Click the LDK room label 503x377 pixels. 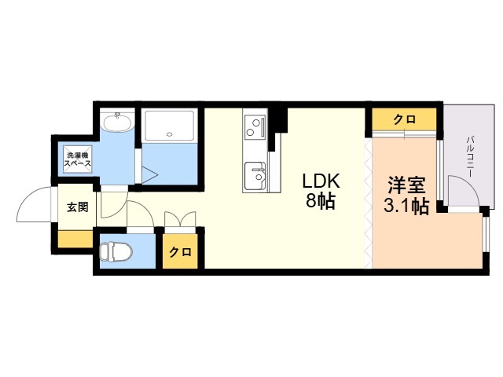point(321,181)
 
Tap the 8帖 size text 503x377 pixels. point(321,202)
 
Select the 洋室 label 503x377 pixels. point(406,185)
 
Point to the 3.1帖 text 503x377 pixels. point(406,206)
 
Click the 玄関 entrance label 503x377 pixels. point(77,207)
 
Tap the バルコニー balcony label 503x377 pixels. point(471,156)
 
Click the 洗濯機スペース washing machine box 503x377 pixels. point(78,159)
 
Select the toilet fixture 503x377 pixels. point(116,251)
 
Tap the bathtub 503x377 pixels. point(169,125)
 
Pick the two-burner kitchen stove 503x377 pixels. point(255,127)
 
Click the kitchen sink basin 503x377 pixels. point(255,176)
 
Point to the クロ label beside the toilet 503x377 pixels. point(180,252)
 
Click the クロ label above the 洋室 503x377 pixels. point(405,119)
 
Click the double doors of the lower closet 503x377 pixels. point(180,219)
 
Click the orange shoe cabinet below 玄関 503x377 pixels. point(75,239)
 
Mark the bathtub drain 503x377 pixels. point(170,134)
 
